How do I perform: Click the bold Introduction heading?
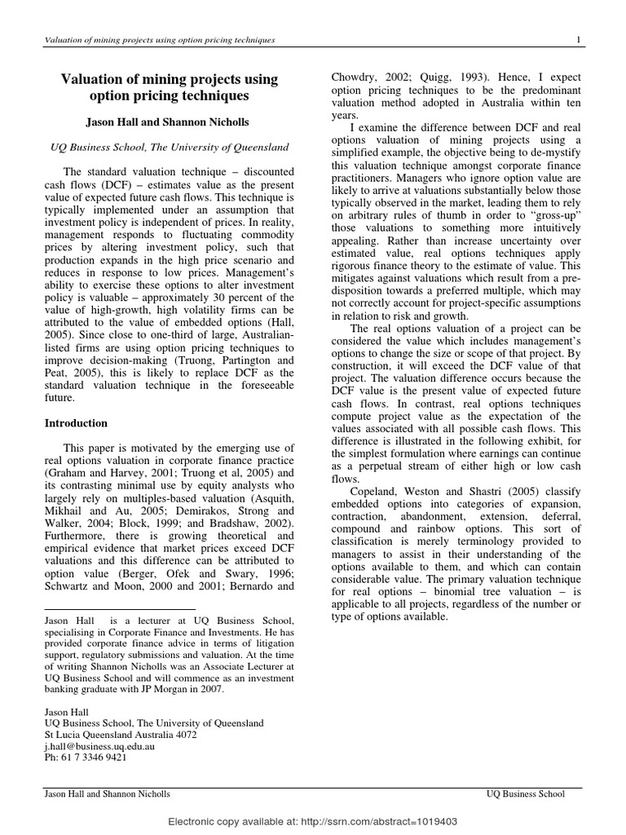(x=75, y=423)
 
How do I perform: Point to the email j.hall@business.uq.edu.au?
(x=99, y=745)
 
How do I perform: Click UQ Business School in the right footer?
(x=524, y=793)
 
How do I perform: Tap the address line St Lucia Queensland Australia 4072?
(x=121, y=734)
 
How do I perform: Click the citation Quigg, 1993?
(x=457, y=80)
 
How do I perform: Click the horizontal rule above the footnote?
(x=120, y=609)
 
